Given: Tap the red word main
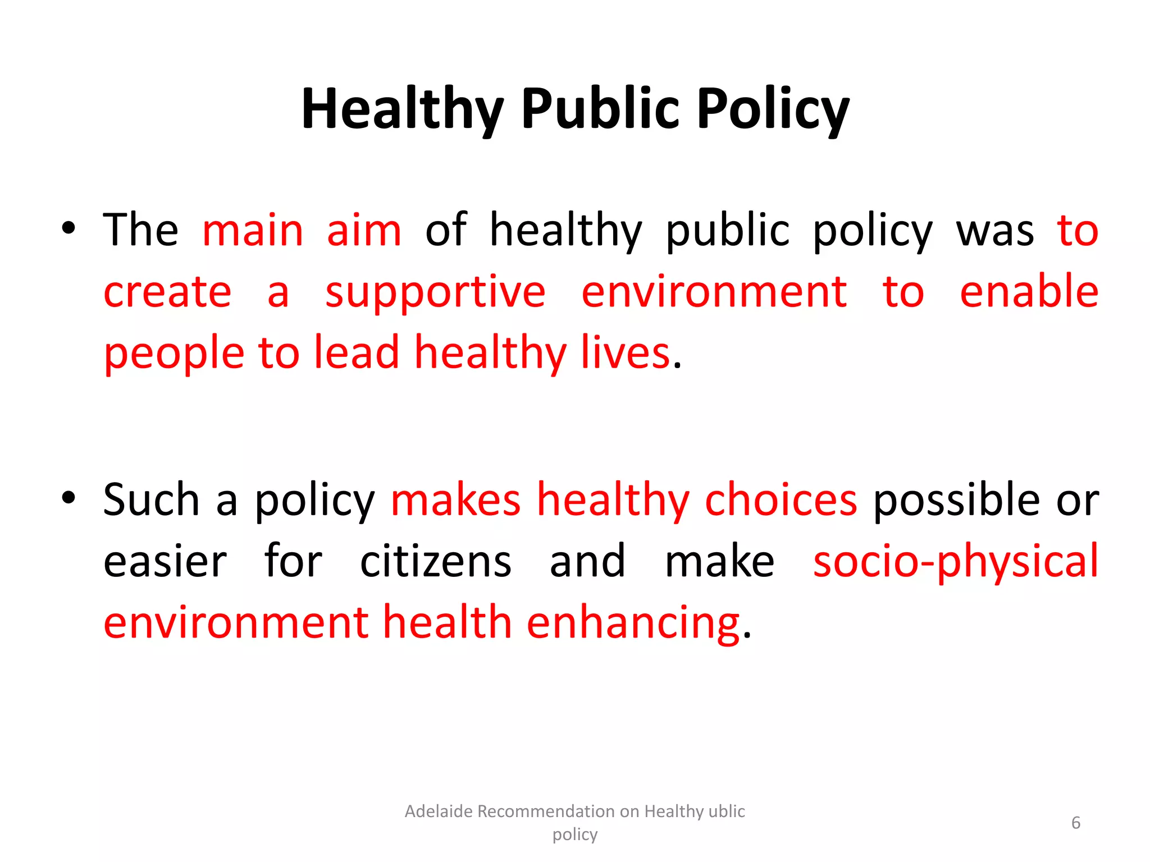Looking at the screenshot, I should coord(253,230).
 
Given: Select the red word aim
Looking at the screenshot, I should coord(364,230).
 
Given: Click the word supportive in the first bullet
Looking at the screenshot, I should coord(435,292).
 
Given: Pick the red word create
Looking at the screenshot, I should coord(167,292).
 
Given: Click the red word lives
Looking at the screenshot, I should coord(625,352).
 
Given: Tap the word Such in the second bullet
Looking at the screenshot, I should coord(151,499).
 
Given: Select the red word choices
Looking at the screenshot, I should coord(781,499).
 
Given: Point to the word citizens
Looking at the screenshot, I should coord(436,561).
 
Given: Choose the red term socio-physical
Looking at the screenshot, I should coord(955,561).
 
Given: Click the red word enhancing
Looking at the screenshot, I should coord(633,623).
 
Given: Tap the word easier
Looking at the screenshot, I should coord(165,561).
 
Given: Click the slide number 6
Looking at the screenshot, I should coord(1075,823).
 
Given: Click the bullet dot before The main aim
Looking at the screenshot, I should coord(69,228).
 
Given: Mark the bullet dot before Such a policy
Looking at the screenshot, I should coord(69,497).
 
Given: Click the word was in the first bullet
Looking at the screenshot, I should coord(994,230).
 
